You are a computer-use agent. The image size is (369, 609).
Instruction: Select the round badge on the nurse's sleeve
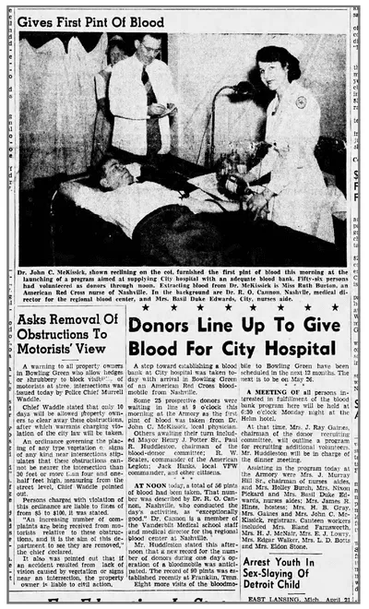pyautogui.click(x=301, y=101)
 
